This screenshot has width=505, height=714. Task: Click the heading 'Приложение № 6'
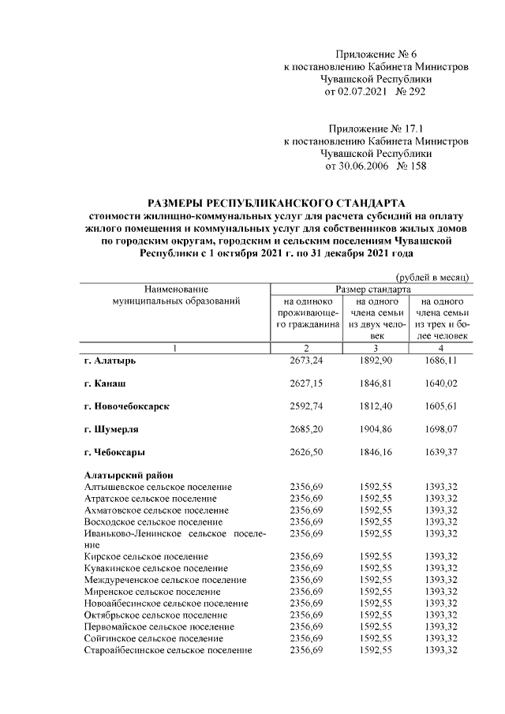(x=376, y=54)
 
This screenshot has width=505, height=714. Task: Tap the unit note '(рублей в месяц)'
(x=432, y=276)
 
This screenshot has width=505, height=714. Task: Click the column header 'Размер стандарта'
(x=373, y=290)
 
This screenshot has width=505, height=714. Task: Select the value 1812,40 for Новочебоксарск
(x=375, y=406)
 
